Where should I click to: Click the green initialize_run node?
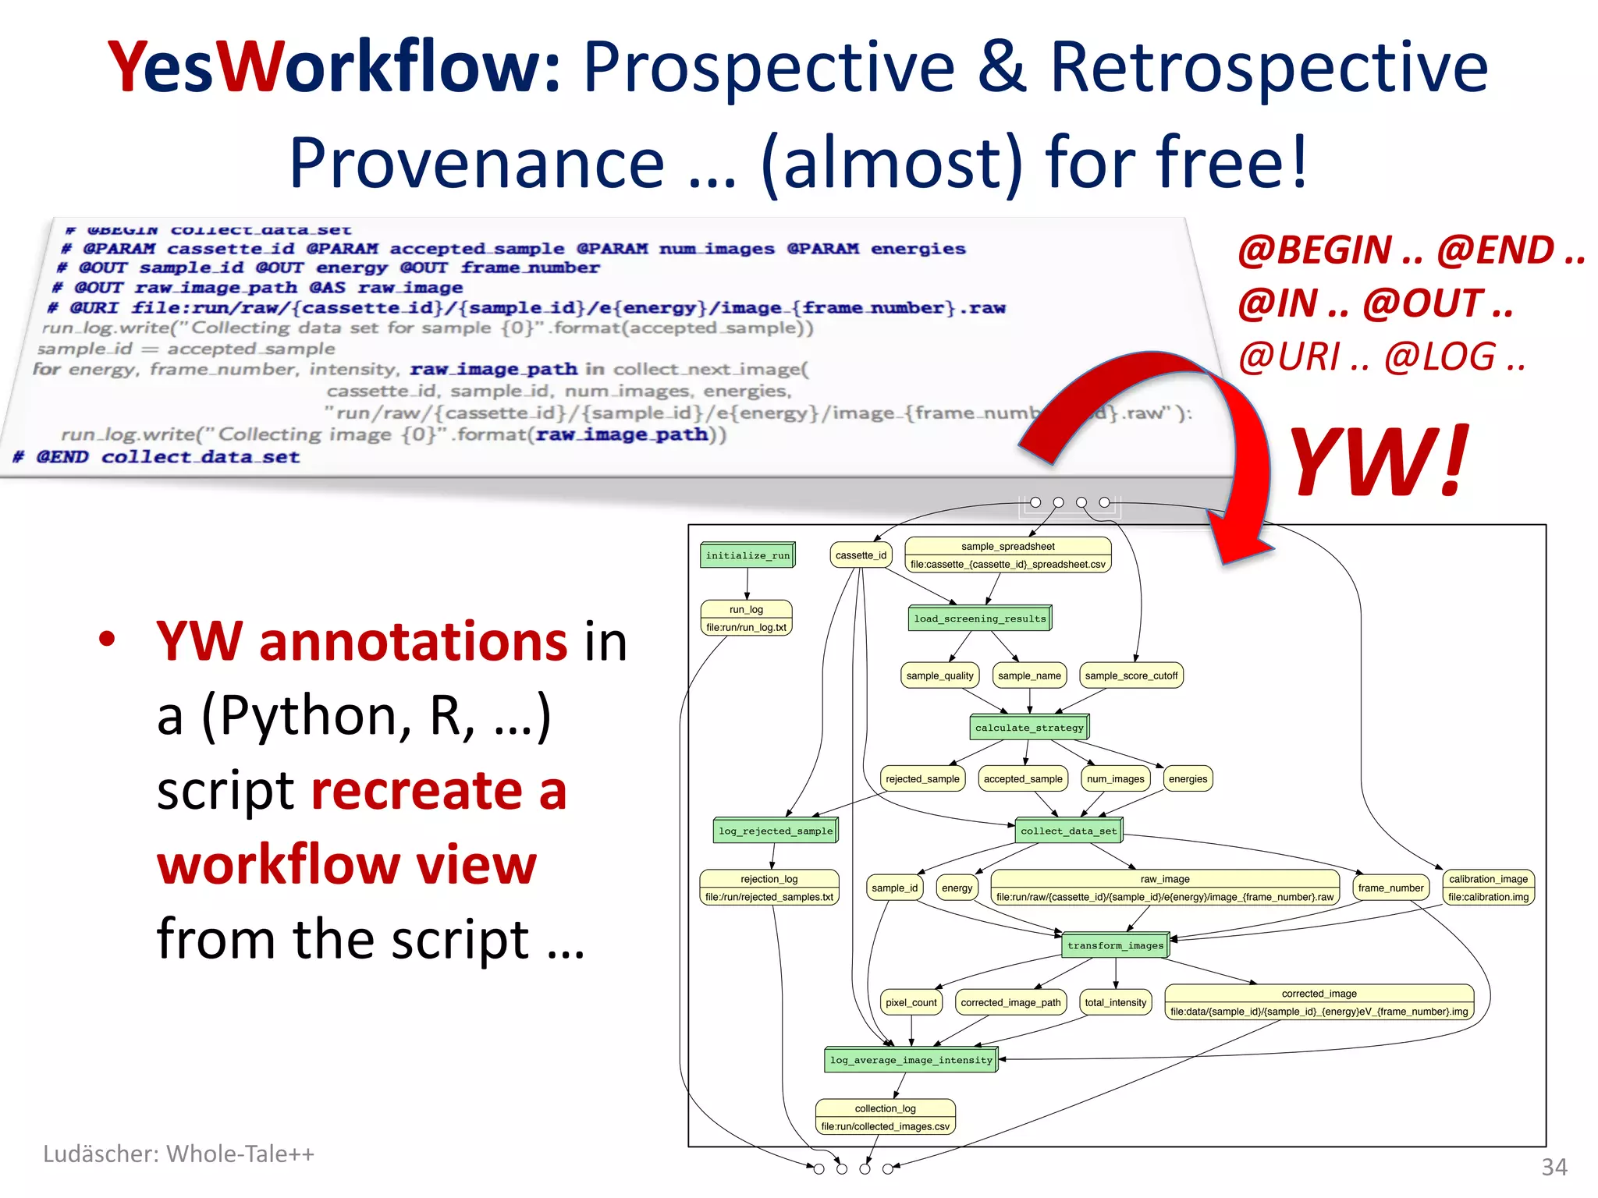pos(748,555)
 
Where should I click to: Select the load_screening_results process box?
pos(979,618)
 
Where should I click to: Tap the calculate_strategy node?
pos(1029,728)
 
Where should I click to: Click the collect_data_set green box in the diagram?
pos(1068,831)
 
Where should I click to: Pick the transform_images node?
pos(1115,945)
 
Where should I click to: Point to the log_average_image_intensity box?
pos(911,1060)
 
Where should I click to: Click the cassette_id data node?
pos(861,555)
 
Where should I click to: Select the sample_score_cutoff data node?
pos(1131,675)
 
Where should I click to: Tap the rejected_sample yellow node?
pos(922,778)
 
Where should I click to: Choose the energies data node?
pos(1188,778)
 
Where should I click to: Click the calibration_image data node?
pos(1488,888)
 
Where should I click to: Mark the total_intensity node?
pos(1115,1002)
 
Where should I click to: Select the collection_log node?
pos(885,1117)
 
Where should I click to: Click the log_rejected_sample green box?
pos(776,831)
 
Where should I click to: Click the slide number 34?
pos(1554,1168)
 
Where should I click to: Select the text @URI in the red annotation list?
pos(1288,357)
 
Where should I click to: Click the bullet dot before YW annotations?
pos(107,640)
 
